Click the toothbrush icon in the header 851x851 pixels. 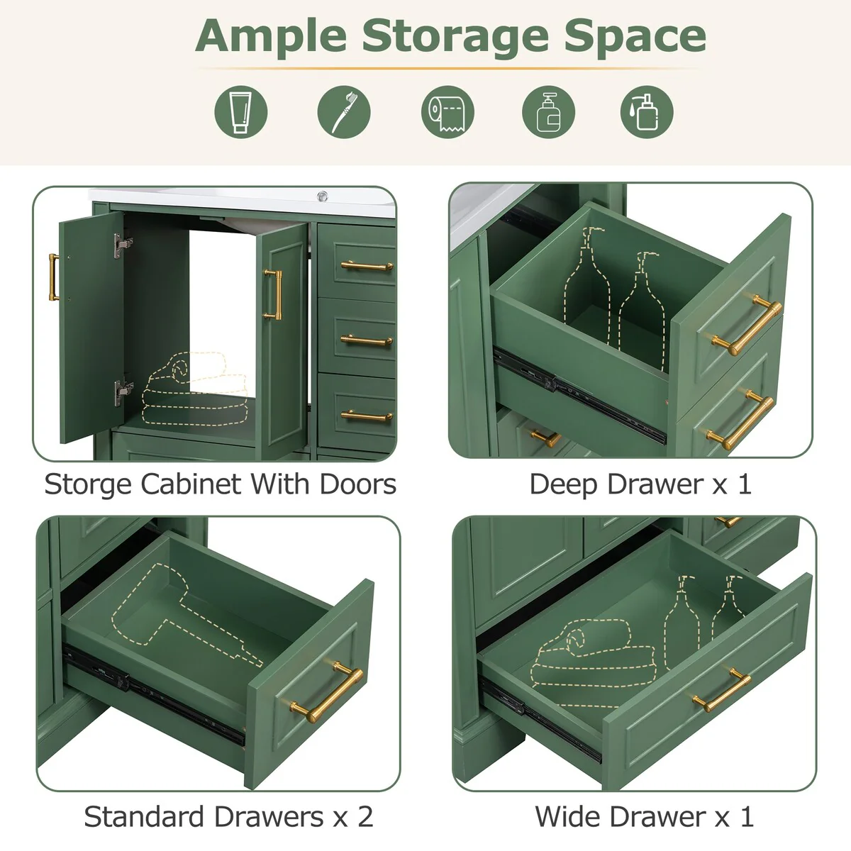[x=344, y=111]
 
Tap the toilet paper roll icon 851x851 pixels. [x=447, y=111]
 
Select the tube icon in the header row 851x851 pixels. [x=241, y=111]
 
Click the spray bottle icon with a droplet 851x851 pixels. [x=646, y=111]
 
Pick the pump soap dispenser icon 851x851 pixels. [x=548, y=111]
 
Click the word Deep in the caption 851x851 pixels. [x=564, y=485]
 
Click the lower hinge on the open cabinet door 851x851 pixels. [x=123, y=389]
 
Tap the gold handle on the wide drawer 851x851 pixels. [x=721, y=689]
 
